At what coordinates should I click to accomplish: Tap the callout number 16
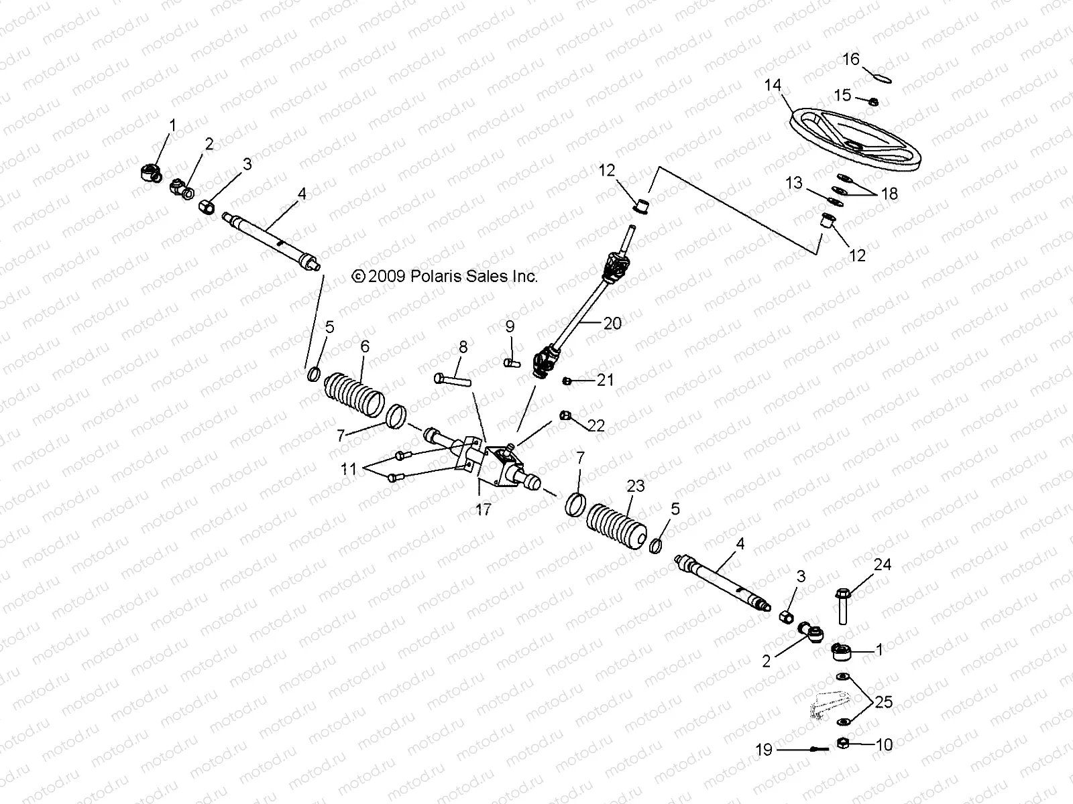(x=850, y=60)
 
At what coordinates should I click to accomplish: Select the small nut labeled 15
(x=874, y=101)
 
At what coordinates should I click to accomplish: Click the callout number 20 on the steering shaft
(x=612, y=323)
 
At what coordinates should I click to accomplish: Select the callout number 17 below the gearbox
(x=483, y=510)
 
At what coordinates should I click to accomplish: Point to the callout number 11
(x=349, y=469)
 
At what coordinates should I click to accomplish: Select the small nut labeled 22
(x=565, y=417)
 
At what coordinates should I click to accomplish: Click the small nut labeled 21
(x=567, y=381)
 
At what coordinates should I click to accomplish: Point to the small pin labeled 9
(x=512, y=362)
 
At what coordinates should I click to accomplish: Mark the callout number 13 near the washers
(x=794, y=183)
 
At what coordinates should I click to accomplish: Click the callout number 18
(x=889, y=194)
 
